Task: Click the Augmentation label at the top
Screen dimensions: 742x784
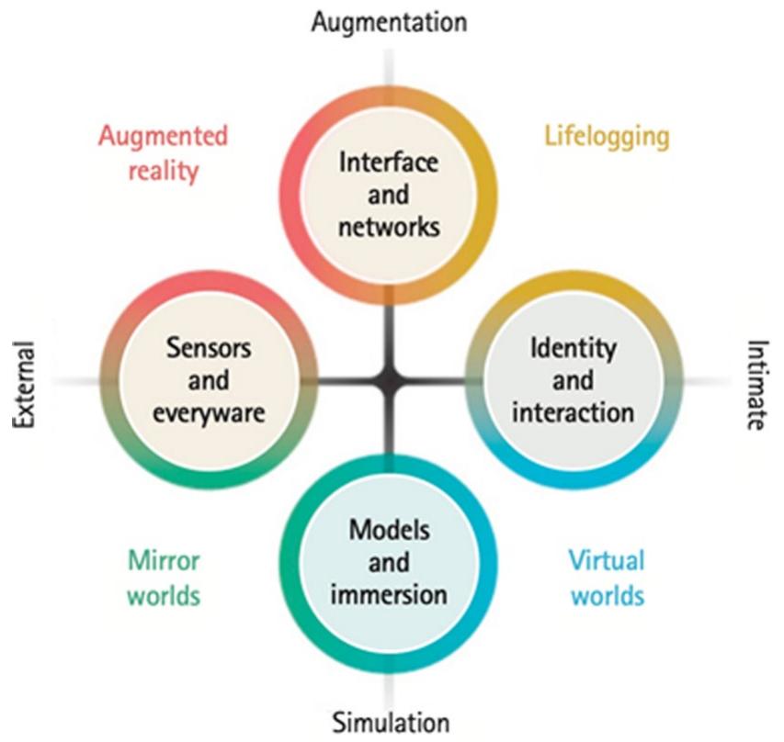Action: click(x=389, y=20)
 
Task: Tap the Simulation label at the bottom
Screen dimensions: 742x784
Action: click(x=391, y=722)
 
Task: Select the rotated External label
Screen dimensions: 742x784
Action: click(x=24, y=385)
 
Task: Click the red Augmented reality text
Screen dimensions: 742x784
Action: click(x=163, y=153)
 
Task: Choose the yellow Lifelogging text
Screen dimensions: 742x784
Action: click(x=606, y=137)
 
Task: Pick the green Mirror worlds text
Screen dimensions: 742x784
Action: click(x=164, y=577)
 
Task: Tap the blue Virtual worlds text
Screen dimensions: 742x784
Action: click(x=607, y=577)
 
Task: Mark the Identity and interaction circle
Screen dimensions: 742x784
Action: click(x=573, y=379)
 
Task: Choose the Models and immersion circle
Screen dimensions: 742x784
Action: click(x=390, y=561)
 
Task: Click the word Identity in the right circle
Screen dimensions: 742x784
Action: click(x=573, y=348)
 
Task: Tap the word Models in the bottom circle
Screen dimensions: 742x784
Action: click(x=390, y=530)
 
